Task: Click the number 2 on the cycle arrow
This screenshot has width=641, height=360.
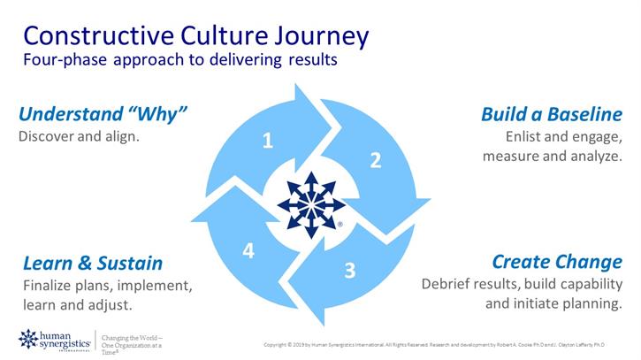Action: (x=375, y=160)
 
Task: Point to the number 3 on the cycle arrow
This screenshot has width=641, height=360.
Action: (x=349, y=270)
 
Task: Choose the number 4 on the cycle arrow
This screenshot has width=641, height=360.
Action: (x=248, y=251)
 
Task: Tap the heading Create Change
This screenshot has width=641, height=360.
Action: (x=556, y=262)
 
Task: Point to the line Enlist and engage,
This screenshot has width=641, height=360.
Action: (x=563, y=137)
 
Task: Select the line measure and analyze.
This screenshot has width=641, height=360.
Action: (x=552, y=157)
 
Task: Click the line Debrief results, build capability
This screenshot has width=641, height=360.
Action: (x=522, y=284)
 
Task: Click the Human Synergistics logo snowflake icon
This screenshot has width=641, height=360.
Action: (x=28, y=339)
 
